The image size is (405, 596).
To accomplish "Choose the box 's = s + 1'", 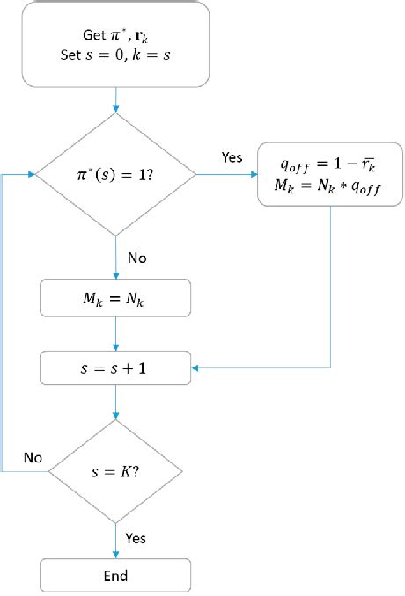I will (116, 367).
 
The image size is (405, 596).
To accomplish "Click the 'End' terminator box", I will (116, 576).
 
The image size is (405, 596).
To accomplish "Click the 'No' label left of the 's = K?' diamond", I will (32, 458).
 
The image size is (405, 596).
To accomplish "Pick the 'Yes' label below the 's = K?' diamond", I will (136, 537).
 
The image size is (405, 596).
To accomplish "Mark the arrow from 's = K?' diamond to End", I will (116, 540).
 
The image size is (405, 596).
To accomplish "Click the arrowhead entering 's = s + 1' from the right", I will (196, 367).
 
